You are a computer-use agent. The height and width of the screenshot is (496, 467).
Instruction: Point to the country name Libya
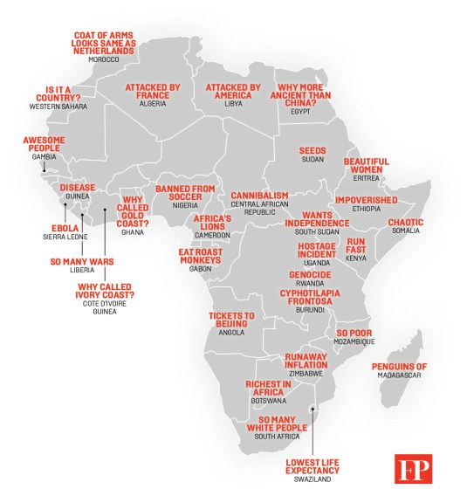pos(232,103)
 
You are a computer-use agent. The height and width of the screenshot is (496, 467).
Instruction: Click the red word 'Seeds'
pos(312,150)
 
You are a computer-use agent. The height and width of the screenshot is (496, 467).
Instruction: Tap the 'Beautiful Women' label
pos(366,165)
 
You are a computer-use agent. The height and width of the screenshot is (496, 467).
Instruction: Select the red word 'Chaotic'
pos(404,222)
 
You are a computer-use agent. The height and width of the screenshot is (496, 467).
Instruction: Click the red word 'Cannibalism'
pos(259,195)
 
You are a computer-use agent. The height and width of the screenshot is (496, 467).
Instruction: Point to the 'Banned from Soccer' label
pos(185,192)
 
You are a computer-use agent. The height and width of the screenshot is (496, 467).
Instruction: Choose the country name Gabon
pos(201,269)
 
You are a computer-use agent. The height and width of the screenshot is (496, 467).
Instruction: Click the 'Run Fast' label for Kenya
pos(355,245)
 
